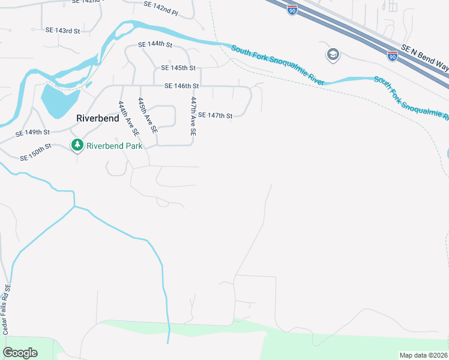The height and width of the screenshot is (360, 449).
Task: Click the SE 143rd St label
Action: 62,30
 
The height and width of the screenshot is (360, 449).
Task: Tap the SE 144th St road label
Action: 155,45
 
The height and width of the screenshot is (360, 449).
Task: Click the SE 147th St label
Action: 215,115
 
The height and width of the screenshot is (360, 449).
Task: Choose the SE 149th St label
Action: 32,133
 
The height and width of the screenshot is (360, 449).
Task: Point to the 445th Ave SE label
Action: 147,115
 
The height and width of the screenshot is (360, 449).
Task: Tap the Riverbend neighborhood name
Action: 98,118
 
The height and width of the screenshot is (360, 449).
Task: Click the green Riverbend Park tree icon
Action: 77,145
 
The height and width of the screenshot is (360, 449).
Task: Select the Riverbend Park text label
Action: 115,146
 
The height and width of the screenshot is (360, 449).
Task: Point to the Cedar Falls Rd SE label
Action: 7,310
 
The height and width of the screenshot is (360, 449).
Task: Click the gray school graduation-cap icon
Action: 332,55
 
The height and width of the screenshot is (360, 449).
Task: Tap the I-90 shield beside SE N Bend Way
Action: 392,56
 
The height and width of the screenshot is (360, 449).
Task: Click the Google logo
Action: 20,353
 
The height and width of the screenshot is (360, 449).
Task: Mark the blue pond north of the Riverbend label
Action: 59,100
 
